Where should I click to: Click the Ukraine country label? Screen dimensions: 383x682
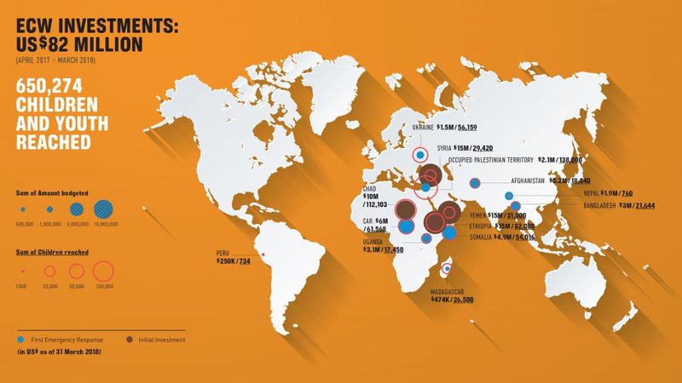[427, 127]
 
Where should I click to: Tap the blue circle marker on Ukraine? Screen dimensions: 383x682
[419, 155]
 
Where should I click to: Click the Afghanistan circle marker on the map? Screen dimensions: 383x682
[477, 181]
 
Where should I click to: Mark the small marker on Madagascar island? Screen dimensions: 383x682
[447, 270]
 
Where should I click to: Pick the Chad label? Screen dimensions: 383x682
[370, 188]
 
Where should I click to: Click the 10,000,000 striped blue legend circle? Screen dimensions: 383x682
[107, 209]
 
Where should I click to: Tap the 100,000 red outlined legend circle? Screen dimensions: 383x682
[103, 272]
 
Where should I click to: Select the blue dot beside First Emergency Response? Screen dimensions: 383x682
[22, 340]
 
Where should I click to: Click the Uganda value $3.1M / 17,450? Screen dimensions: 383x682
[383, 249]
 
